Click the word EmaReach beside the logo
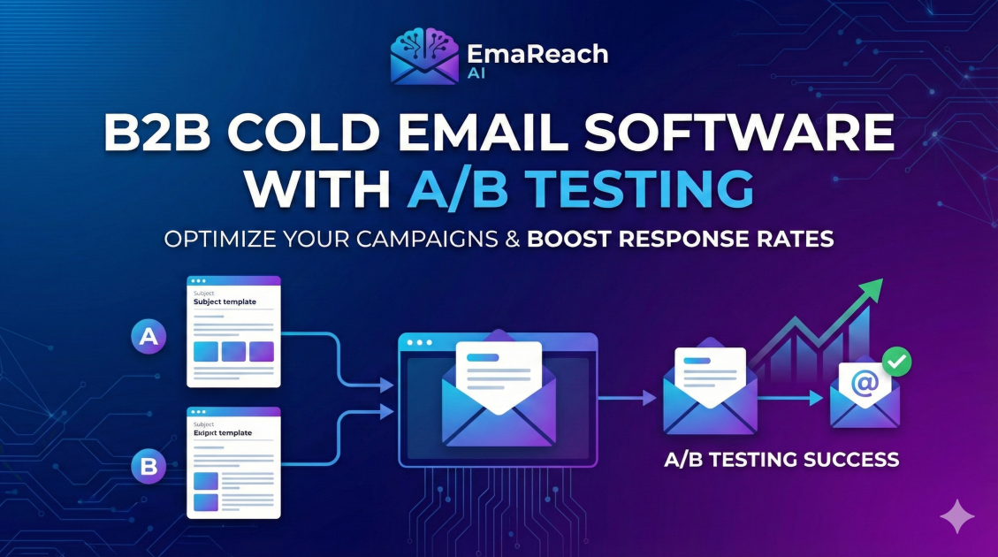[537, 54]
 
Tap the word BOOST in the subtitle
[571, 239]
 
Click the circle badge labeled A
[149, 336]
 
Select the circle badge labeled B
[149, 465]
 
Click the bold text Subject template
[225, 302]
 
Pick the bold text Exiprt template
[222, 433]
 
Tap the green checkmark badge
[897, 362]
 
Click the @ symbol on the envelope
[864, 384]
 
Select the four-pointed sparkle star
[957, 516]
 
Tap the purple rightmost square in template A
[262, 352]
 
